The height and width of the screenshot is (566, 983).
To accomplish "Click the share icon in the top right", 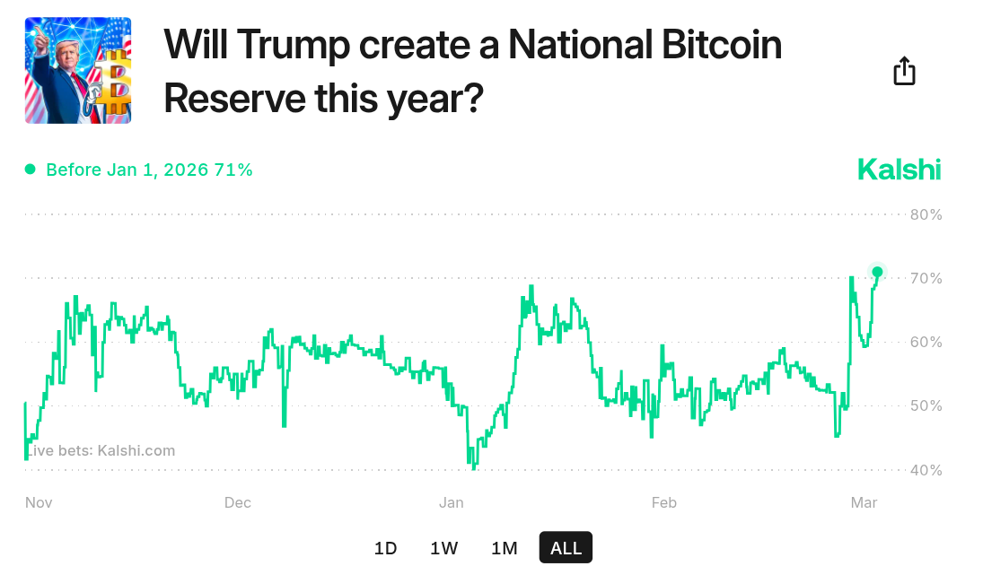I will (904, 71).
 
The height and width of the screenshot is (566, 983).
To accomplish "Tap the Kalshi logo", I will (899, 169).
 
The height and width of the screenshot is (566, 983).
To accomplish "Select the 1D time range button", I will (385, 548).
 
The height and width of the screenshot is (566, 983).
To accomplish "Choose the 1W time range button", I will (444, 548).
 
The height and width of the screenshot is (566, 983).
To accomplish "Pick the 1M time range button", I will (505, 548).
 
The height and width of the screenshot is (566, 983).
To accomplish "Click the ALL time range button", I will (566, 548).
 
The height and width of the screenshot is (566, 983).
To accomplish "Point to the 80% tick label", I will (926, 214).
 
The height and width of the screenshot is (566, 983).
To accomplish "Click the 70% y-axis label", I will (926, 278).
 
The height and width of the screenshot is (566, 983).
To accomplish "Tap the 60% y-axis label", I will (926, 342).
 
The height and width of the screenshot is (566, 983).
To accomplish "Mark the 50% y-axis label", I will (926, 405).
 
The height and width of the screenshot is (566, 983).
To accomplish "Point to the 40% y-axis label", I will (926, 470).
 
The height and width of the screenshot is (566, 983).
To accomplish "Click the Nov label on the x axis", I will (39, 502).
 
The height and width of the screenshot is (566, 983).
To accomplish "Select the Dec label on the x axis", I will (237, 502).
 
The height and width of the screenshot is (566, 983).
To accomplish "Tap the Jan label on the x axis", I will (451, 502).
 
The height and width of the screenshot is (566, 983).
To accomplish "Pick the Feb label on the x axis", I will (663, 502).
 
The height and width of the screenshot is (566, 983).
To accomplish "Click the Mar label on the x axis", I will (864, 502).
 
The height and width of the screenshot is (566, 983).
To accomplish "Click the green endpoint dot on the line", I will (877, 272).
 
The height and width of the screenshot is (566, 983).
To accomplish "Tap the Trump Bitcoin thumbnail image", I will (78, 70).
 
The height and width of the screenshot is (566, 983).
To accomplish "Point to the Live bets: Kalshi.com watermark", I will (100, 450).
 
